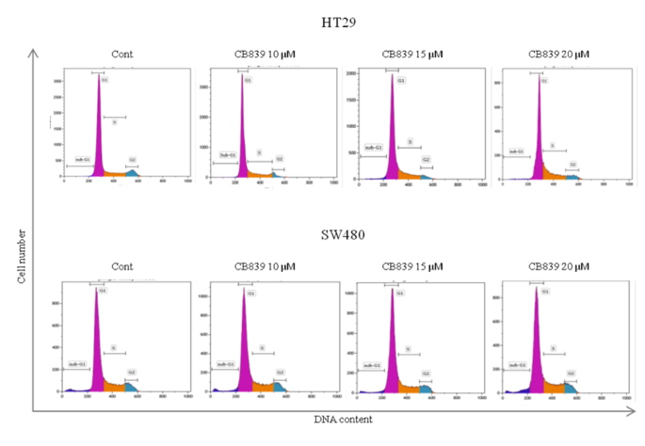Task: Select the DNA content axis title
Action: pos(344,420)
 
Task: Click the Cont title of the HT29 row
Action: pos(122,55)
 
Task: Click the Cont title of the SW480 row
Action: pos(122,267)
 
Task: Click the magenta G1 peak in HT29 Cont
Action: pos(98,141)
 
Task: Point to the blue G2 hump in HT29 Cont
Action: pos(131,172)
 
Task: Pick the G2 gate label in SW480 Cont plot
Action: pos(132,373)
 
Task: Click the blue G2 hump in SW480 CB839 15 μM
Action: pos(426,388)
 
